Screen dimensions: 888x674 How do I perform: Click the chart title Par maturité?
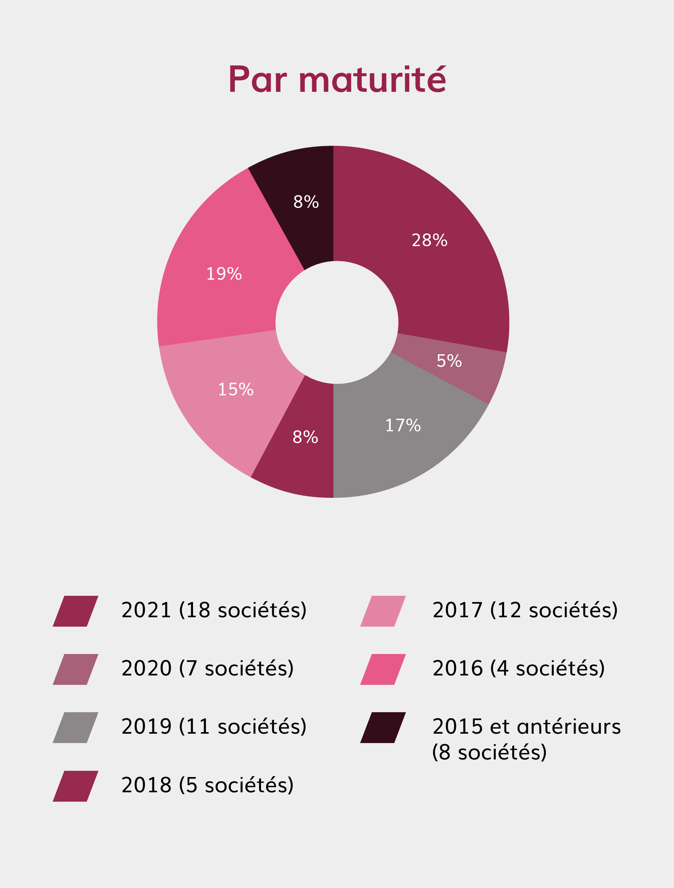337,79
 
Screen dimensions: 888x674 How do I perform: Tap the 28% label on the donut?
429,240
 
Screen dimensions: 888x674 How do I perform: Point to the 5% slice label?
449,361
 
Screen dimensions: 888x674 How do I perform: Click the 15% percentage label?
236,389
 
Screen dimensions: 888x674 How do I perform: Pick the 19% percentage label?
224,274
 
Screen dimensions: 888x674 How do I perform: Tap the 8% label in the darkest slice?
306,202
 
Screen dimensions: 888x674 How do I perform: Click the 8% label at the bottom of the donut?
305,437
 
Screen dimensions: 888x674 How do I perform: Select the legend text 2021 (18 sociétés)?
214,610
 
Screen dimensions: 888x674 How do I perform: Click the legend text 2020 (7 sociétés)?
207,668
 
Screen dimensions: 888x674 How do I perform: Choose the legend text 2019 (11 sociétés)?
214,726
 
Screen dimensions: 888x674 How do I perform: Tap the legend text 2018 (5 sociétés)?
207,785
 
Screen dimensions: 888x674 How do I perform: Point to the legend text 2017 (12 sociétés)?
525,610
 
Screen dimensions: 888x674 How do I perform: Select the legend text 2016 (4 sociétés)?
518,668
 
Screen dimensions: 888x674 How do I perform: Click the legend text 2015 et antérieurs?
526,726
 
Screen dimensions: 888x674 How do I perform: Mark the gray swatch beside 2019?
75,727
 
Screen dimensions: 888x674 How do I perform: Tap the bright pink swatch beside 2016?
383,669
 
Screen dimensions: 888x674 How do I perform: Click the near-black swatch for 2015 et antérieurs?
383,727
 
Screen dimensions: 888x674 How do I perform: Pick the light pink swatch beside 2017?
383,611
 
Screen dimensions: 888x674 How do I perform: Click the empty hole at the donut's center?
337,322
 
